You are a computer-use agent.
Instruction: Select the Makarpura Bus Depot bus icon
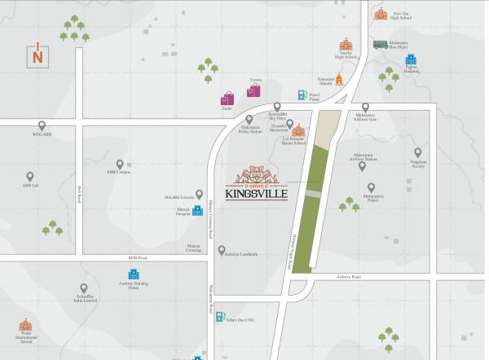coord(381,44)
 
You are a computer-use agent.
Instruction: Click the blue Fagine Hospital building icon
coord(411,59)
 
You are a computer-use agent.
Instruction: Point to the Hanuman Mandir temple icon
coord(339,78)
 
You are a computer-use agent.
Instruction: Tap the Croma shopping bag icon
coord(253,90)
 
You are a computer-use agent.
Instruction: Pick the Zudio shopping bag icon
coord(227,100)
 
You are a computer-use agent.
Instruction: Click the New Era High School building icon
coord(381,14)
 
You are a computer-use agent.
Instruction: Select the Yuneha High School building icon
coord(346,45)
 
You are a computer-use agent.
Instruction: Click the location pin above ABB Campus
coord(120,164)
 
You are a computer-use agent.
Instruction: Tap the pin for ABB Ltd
coord(30,176)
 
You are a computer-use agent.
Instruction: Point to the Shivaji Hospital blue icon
coord(197,210)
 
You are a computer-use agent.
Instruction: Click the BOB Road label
coord(136,257)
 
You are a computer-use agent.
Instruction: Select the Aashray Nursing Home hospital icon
coord(133,274)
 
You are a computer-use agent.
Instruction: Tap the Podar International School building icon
coord(25,324)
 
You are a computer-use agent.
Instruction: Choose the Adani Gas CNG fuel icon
coord(219,316)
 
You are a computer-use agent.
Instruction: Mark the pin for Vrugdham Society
coord(418,152)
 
